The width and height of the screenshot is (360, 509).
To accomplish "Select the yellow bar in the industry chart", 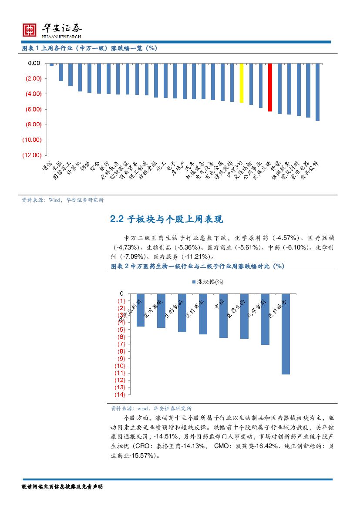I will (242, 83).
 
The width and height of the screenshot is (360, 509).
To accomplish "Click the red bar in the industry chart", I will (270, 87).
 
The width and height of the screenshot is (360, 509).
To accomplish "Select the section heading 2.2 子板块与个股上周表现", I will (167, 219).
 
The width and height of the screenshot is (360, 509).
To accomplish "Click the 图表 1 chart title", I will (90, 48).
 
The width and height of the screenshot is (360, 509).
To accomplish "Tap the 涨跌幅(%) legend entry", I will (208, 282).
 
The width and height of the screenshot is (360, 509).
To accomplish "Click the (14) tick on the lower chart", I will (119, 395).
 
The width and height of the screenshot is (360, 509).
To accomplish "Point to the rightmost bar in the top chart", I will (318, 92).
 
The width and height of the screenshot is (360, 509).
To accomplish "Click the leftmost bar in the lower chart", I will (140, 310).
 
